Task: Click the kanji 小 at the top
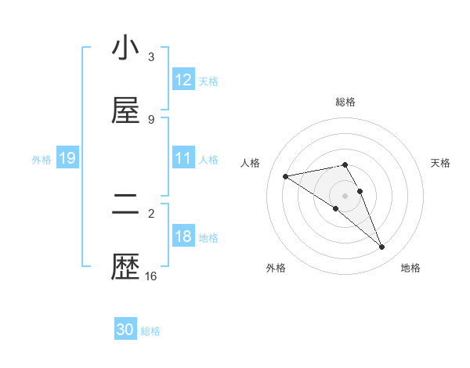click(125, 49)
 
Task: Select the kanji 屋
click(125, 112)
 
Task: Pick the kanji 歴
click(125, 269)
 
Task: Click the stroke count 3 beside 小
click(151, 56)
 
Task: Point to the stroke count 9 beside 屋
click(151, 119)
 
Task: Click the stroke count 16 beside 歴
click(151, 276)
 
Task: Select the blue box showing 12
click(183, 80)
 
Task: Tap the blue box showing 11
click(183, 158)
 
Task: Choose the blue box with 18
click(183, 236)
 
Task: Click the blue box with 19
click(67, 159)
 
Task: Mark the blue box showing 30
click(125, 330)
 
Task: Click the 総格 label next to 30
click(151, 331)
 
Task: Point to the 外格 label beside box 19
click(42, 160)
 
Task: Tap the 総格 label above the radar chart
click(345, 102)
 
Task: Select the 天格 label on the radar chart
click(441, 163)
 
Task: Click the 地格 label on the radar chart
click(410, 268)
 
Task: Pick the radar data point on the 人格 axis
click(286, 176)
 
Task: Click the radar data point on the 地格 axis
click(382, 247)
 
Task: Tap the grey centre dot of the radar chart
click(345, 195)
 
